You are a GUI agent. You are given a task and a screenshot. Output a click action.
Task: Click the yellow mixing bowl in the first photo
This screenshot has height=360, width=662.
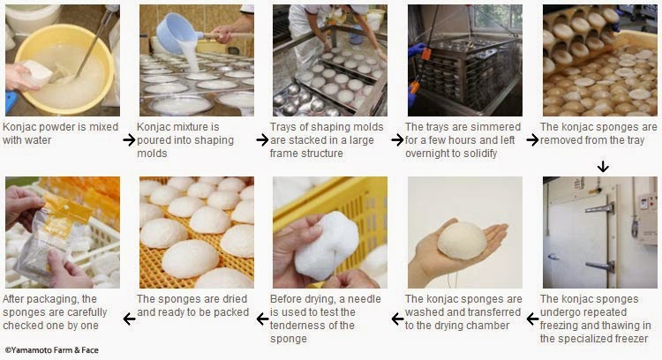click(64, 70)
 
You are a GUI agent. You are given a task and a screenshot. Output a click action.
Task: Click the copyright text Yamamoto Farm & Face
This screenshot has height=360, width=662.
click(52, 350)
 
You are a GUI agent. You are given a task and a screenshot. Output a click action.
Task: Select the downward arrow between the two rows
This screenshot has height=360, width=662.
click(603, 166)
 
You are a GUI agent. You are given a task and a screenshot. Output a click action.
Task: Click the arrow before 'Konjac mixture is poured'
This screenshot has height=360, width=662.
click(129, 139)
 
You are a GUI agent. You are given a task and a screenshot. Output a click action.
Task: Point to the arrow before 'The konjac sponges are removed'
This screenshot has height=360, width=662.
click(532, 139)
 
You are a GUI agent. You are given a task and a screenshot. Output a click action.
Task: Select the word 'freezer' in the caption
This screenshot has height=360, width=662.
click(628, 339)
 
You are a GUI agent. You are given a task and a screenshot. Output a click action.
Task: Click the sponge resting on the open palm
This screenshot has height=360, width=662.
click(462, 240)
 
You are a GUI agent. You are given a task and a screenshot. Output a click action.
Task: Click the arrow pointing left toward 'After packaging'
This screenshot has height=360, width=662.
click(129, 319)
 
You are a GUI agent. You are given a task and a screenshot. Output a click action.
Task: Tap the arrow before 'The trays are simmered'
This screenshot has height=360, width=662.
click(397, 139)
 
